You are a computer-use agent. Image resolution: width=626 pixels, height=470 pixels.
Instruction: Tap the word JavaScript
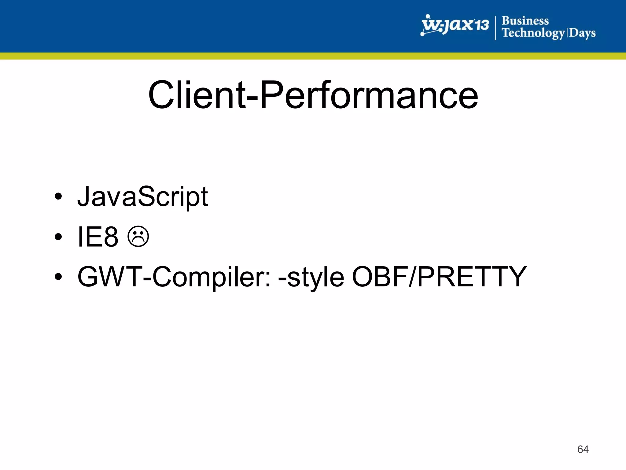pos(142,197)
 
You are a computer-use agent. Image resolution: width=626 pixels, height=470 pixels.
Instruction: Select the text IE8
pos(98,237)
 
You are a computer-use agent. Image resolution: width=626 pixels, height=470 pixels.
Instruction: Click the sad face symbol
pos(138,237)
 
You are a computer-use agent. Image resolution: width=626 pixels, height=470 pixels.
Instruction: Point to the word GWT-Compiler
pos(174,277)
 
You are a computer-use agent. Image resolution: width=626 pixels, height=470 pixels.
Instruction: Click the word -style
pos(311,277)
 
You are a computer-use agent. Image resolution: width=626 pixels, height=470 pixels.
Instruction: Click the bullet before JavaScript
pos(58,197)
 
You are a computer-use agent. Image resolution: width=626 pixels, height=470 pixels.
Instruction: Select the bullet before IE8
pos(58,237)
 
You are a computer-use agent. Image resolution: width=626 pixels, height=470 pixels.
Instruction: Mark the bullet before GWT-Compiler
pos(58,277)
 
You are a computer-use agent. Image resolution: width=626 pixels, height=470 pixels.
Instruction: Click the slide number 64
pos(583,449)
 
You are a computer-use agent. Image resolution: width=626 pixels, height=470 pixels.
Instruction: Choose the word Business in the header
pos(525,21)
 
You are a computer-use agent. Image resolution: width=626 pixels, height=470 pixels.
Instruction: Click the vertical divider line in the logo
pos(495,28)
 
